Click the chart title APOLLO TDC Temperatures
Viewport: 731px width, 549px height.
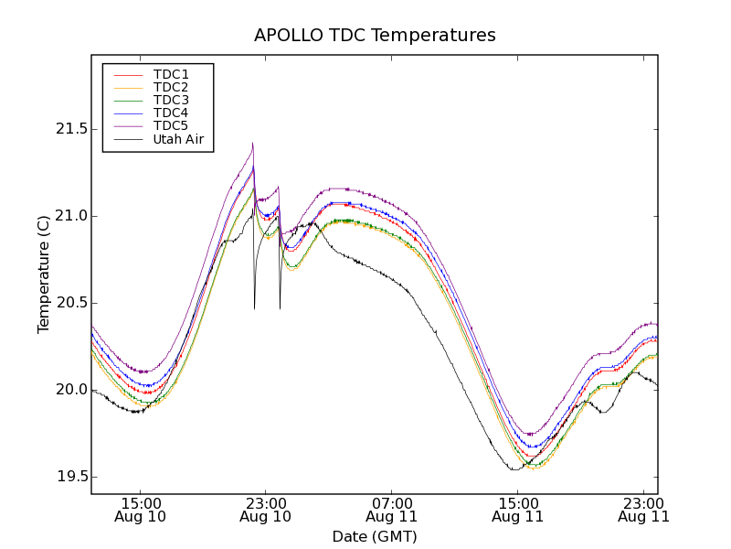pos(375,36)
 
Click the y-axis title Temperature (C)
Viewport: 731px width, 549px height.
pos(44,274)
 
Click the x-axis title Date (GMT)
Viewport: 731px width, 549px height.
pos(375,536)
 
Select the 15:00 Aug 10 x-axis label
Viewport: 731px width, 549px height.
pos(140,510)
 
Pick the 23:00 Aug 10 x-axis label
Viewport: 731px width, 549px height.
pos(266,510)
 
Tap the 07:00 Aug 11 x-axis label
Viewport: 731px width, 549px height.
pos(391,510)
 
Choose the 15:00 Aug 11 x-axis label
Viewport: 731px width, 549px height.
pos(517,510)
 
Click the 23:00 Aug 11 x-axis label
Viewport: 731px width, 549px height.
pos(642,510)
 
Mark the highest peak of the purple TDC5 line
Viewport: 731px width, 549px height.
pos(252,144)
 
